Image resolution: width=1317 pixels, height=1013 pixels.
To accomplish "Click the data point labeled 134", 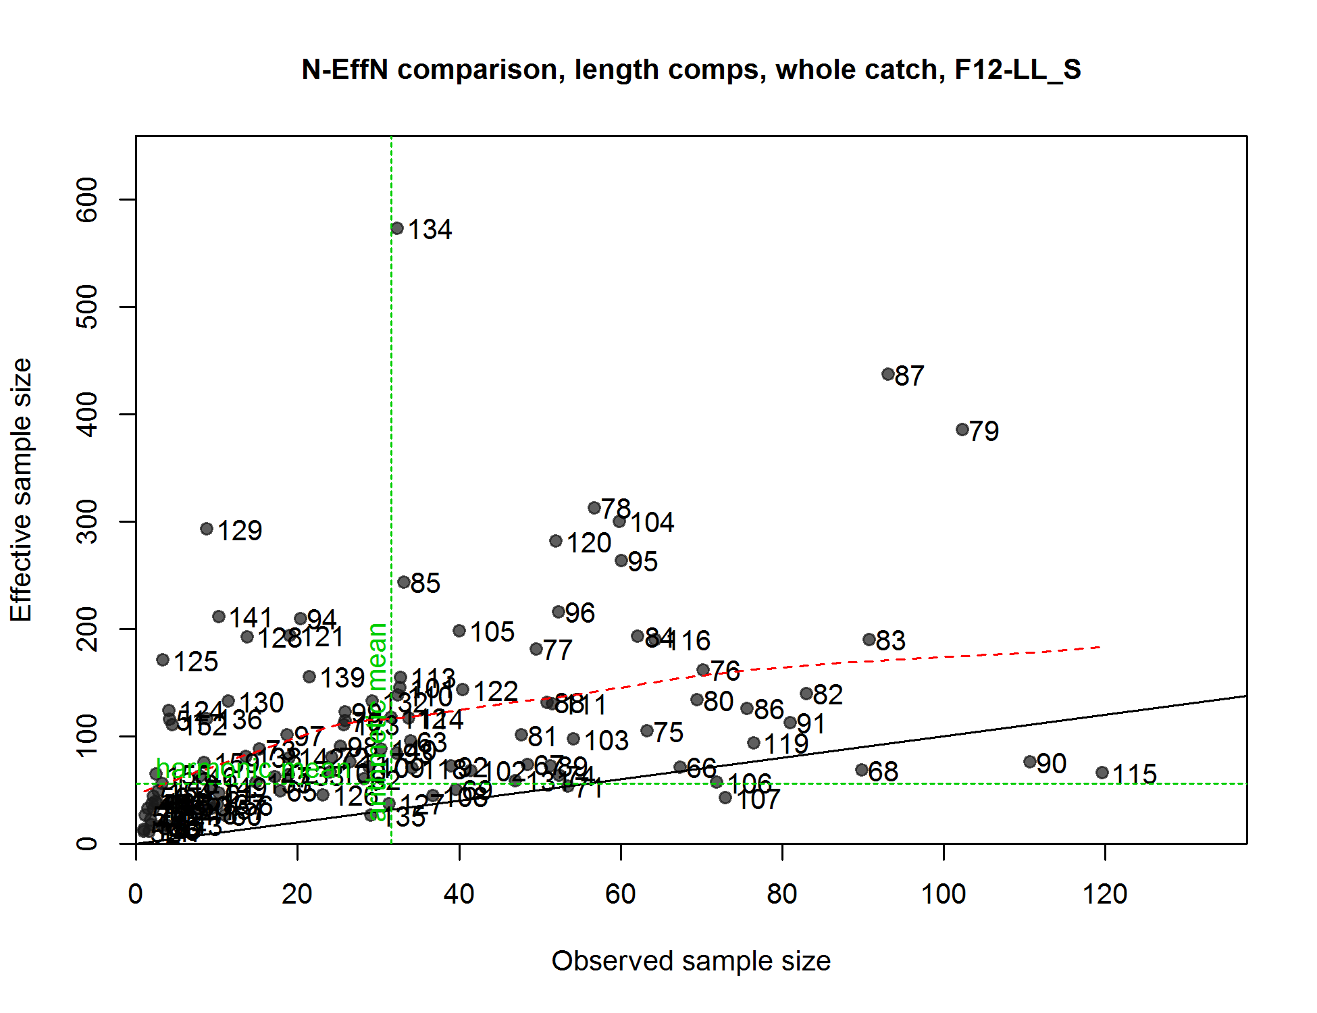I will [397, 229].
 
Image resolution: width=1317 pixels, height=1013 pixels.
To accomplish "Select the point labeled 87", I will [888, 374].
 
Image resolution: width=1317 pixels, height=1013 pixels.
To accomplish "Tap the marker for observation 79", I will [962, 430].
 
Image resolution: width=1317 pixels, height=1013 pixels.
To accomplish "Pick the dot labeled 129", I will [207, 529].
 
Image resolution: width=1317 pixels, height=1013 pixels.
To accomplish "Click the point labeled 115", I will [1102, 773].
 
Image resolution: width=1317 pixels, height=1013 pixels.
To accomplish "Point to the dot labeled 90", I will [1030, 762].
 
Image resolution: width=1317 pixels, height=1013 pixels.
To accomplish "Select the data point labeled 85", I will [404, 582].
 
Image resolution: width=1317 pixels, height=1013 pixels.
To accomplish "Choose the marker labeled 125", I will [163, 660].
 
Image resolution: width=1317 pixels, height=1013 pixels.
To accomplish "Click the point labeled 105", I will [459, 631].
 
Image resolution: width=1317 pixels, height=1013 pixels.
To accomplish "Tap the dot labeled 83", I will [869, 640].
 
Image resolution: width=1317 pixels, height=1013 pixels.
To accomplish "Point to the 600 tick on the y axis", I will [88, 199].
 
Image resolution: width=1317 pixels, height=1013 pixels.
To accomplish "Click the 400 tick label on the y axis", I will [88, 414].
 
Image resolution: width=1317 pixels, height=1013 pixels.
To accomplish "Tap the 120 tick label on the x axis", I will [1105, 894].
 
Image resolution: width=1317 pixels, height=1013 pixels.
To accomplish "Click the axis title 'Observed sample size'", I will [691, 961].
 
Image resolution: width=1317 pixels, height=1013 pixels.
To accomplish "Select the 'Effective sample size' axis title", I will [22, 490].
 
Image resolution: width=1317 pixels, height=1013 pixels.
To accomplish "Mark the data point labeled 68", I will [862, 770].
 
